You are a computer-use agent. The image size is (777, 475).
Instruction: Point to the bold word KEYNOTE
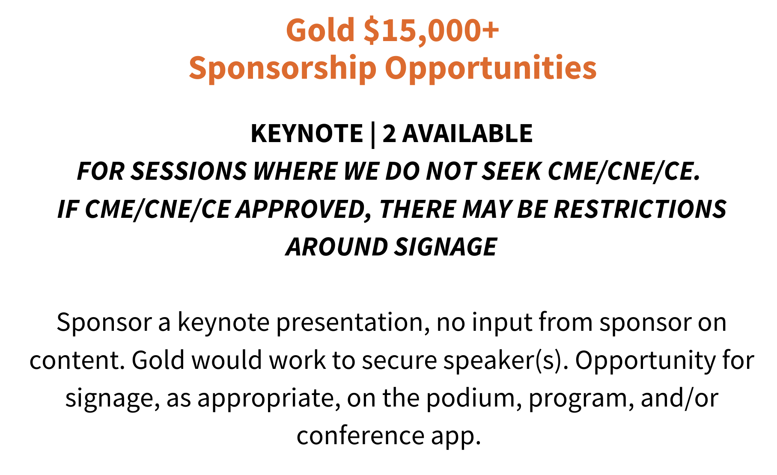[x=307, y=133]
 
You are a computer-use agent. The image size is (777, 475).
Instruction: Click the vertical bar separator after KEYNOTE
[x=373, y=134]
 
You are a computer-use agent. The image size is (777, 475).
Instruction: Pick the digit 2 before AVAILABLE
[x=389, y=133]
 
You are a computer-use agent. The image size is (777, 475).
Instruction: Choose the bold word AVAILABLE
[x=467, y=133]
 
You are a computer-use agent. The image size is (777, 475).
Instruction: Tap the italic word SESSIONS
[x=189, y=171]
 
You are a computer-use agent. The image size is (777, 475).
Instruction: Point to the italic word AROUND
[x=337, y=247]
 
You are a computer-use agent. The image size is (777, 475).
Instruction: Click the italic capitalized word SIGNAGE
[x=446, y=247]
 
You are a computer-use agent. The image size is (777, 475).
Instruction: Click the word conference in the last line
[x=360, y=436]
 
